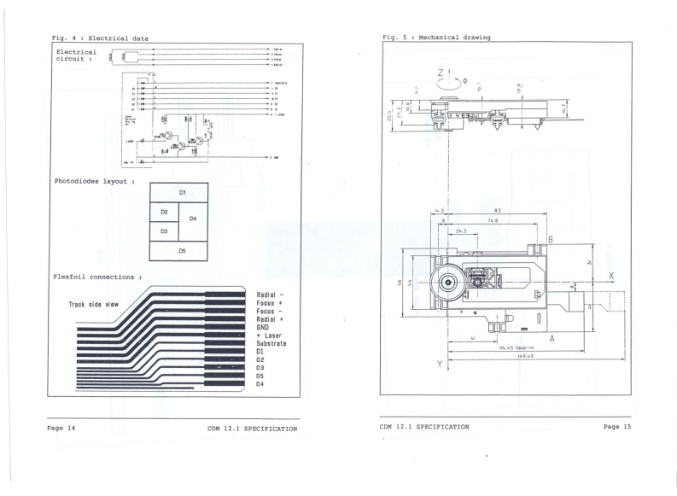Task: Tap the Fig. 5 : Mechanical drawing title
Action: click(x=441, y=37)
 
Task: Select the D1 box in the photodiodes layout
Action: click(x=182, y=193)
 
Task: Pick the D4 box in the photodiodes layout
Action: click(x=193, y=219)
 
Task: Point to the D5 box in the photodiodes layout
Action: click(x=182, y=251)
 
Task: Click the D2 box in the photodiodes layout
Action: click(x=164, y=211)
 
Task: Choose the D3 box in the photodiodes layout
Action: click(x=164, y=230)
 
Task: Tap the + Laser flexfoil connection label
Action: click(x=270, y=336)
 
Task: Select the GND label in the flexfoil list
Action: click(x=263, y=327)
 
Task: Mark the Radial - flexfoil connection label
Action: click(x=271, y=295)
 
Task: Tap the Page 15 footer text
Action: click(x=616, y=426)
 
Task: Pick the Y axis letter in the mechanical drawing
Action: click(x=440, y=365)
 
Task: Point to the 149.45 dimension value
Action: click(x=512, y=356)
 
